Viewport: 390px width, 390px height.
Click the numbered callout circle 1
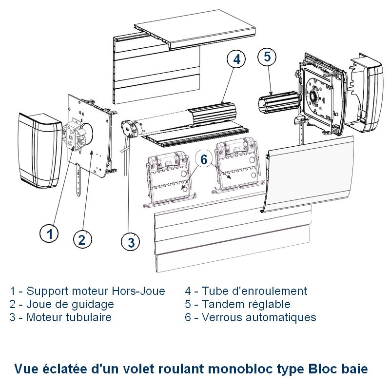[49, 234]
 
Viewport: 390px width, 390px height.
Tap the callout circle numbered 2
[82, 239]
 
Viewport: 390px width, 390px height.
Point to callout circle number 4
[236, 59]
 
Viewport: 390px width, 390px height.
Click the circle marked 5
[267, 57]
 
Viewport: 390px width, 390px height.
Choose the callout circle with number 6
[204, 159]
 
